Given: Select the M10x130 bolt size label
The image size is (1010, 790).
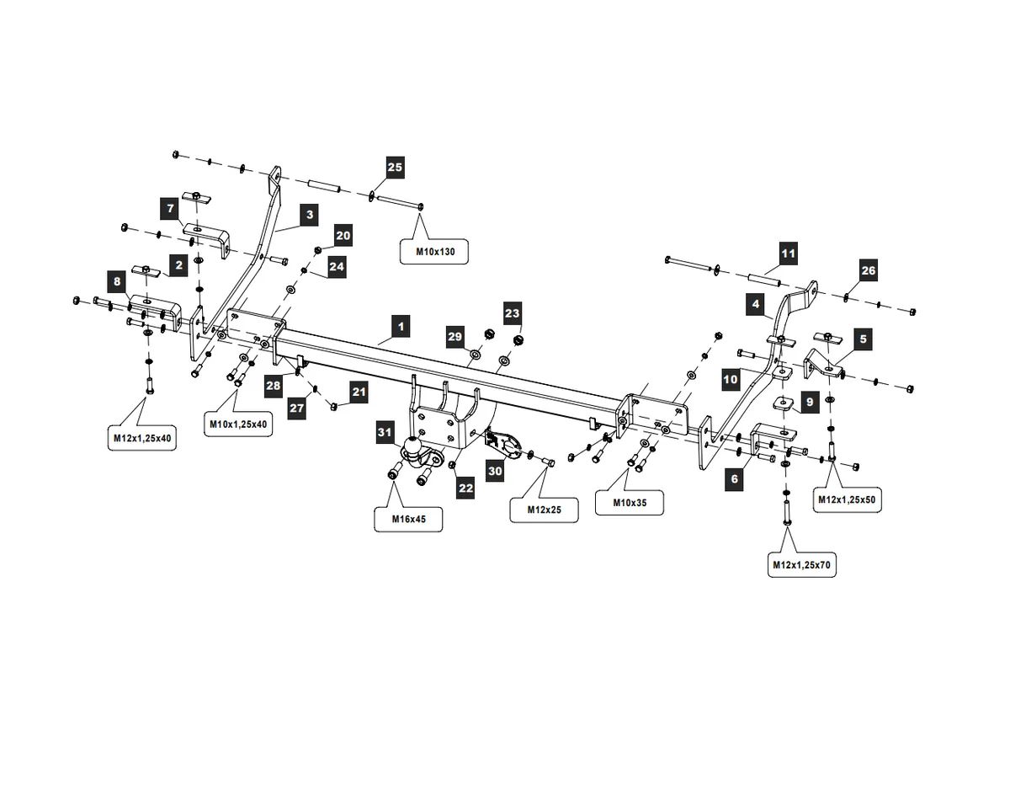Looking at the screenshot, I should pos(433,251).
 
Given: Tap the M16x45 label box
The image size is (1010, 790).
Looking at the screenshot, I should pos(408,519).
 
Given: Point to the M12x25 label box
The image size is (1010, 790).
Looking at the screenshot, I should pos(544,510).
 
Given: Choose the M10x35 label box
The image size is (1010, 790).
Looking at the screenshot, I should pos(629,503).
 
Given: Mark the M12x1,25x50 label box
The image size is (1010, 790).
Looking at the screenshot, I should pos(847,499).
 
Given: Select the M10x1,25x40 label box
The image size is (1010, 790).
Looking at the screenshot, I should pos(240,424).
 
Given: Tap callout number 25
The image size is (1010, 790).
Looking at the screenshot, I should pos(395,168).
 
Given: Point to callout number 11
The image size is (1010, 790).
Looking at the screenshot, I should pos(787,253).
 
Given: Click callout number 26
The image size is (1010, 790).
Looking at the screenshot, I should pos(868,270).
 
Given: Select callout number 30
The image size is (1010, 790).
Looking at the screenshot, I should pos(495,471).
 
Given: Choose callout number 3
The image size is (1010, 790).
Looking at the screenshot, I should pos(310,216).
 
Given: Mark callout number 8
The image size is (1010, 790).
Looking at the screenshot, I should pos(117,281).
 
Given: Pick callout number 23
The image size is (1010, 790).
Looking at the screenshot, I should pos(513,312).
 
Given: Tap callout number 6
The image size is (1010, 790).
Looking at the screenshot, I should pos(735,478).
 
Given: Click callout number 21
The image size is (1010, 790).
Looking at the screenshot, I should pos(359,392).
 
